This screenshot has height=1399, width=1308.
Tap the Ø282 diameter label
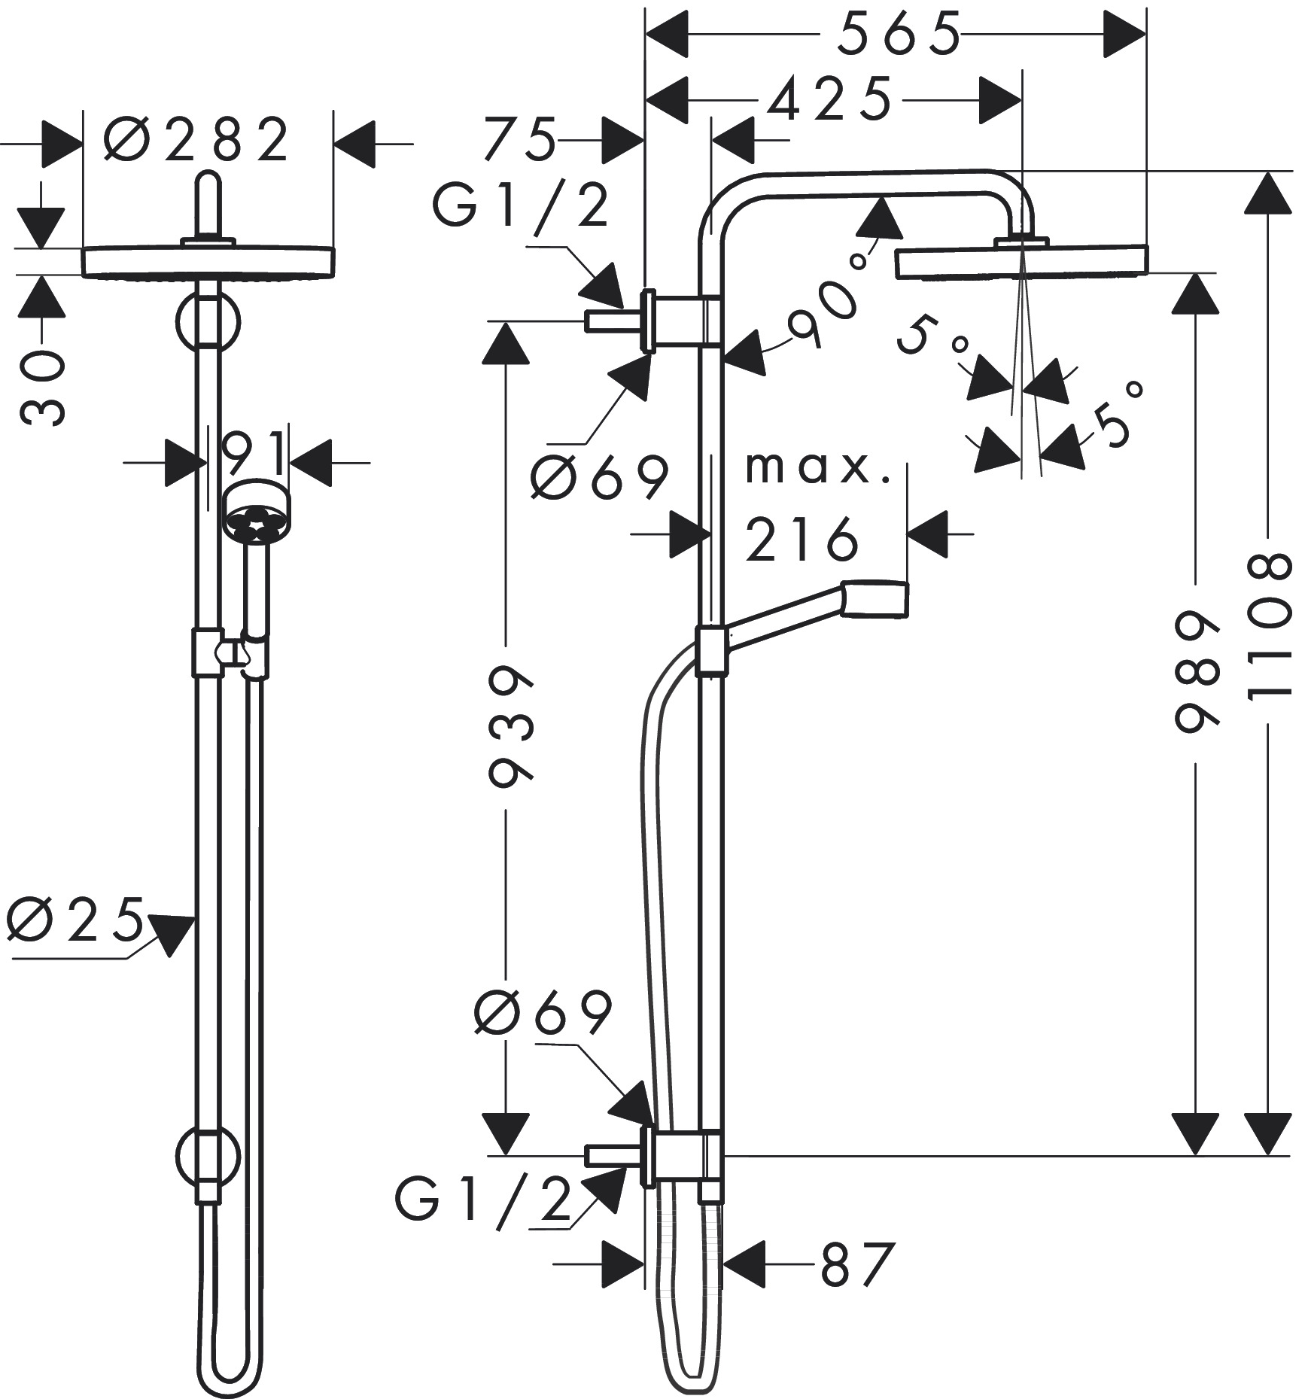click(x=196, y=140)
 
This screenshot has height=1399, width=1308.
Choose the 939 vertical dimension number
click(x=510, y=726)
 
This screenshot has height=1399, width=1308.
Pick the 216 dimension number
click(x=802, y=538)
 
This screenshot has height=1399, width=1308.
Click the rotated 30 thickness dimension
click(x=42, y=388)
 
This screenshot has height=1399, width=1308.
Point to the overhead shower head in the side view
click(x=1021, y=261)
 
